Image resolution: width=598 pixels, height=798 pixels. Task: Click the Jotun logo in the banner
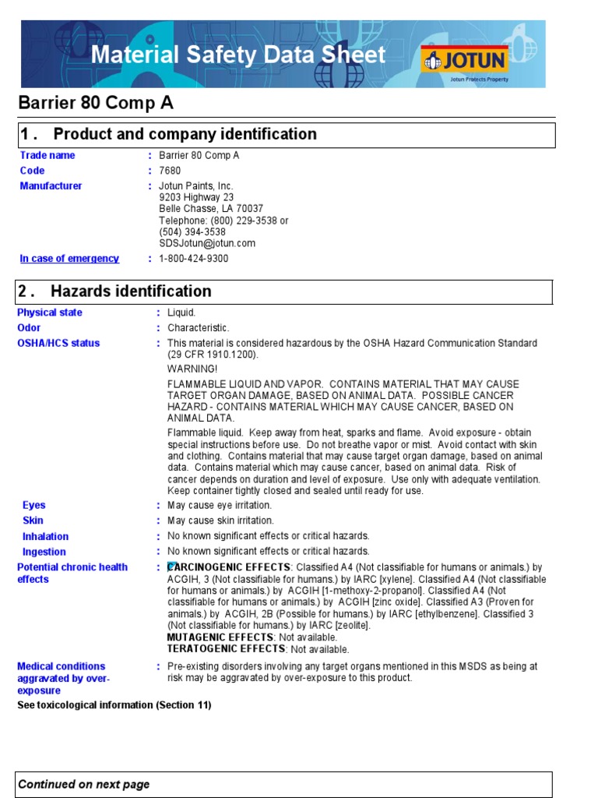click(x=465, y=60)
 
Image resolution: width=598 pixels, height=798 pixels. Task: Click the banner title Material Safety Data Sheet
click(x=238, y=55)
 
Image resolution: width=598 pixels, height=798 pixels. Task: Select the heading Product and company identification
click(x=185, y=134)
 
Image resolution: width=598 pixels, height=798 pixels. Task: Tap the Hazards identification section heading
click(x=131, y=291)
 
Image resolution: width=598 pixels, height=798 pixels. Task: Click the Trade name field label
click(x=47, y=155)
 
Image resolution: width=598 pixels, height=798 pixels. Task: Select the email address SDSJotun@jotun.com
click(x=207, y=243)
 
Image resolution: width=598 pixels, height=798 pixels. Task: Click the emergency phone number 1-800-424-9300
click(x=194, y=259)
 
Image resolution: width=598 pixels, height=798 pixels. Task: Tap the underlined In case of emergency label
click(x=69, y=259)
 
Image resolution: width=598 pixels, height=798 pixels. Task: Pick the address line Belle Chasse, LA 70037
click(x=211, y=209)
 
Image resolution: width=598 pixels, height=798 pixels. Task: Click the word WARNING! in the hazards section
click(x=193, y=369)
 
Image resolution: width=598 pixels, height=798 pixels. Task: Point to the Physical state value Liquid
click(x=182, y=312)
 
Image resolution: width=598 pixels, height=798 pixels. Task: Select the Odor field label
click(x=29, y=328)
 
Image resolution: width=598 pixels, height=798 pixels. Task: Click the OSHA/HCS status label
click(x=58, y=344)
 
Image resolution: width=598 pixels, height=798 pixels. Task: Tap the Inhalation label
click(x=45, y=536)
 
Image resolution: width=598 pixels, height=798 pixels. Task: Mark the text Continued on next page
click(x=84, y=785)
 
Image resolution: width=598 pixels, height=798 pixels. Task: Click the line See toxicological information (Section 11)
click(x=114, y=705)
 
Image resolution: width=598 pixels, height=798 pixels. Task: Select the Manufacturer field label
click(x=51, y=186)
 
